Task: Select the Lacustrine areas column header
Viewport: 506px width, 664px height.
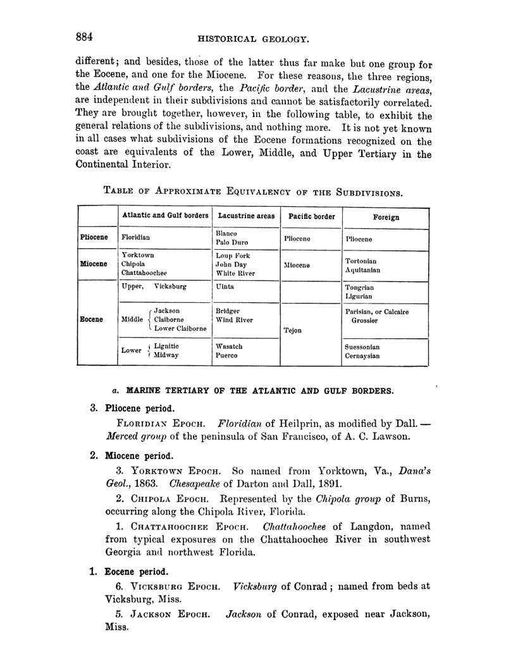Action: (x=246, y=216)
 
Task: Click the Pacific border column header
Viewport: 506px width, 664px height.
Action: (x=311, y=216)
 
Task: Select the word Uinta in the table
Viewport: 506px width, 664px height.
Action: (x=225, y=286)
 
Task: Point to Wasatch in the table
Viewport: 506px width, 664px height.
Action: (x=229, y=347)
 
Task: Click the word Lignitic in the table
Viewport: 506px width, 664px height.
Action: (x=166, y=347)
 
